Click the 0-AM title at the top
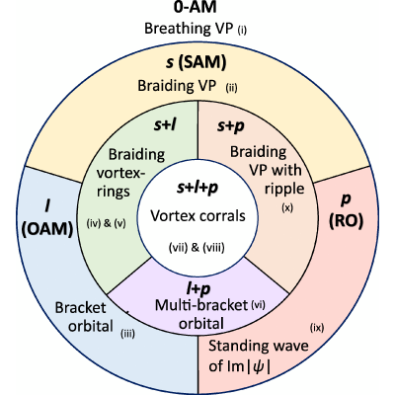coord(196,7)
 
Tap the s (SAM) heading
coord(196,62)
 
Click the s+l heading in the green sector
coord(165,125)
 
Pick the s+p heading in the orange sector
coord(231,126)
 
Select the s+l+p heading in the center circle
coord(197,188)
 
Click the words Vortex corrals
coord(197,216)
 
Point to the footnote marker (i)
coord(242,31)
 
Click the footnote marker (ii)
coord(231,88)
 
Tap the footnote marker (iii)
coord(128,334)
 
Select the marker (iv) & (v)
coord(106,223)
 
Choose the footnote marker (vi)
coord(258,304)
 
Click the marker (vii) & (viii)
coord(197,248)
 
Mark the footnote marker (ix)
coord(317,328)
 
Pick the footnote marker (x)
coord(287,207)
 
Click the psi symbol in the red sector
coord(258,366)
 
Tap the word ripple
coord(284,189)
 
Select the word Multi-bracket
coord(201,305)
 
